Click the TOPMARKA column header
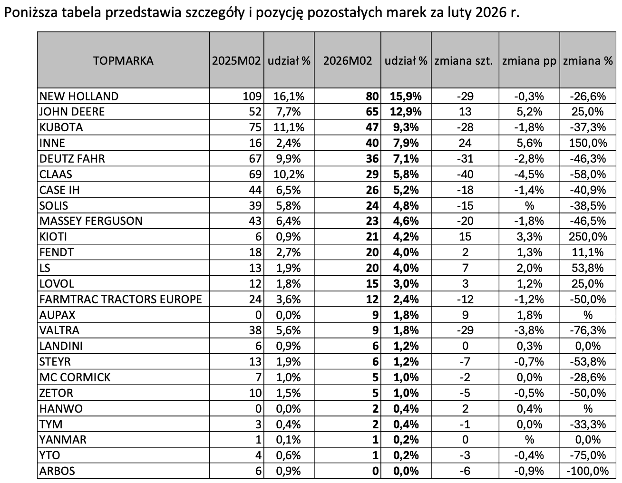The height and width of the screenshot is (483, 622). pos(123,61)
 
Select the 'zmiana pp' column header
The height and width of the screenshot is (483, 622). pos(529,61)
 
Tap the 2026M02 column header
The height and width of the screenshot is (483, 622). pos(348,61)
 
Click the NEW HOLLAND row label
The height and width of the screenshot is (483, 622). pos(79,97)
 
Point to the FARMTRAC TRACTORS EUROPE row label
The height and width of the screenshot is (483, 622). pos(121,299)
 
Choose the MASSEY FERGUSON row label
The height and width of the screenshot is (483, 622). pos(91,221)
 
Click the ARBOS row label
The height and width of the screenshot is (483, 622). pos(57,471)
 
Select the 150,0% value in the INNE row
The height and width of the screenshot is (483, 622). pos(588,143)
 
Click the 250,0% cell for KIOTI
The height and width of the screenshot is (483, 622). pos(588,237)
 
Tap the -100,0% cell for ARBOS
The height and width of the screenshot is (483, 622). pos(588,471)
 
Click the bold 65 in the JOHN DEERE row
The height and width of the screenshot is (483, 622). pos(372,112)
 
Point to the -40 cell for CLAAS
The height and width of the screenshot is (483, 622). pos(465,174)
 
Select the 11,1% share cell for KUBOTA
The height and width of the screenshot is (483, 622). pos(287,127)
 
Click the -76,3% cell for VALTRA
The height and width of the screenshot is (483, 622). pos(588,330)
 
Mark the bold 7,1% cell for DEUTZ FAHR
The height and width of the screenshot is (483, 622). pos(405,159)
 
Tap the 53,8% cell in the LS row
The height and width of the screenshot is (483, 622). pos(588,268)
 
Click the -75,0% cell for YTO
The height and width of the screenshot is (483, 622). pos(588,455)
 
